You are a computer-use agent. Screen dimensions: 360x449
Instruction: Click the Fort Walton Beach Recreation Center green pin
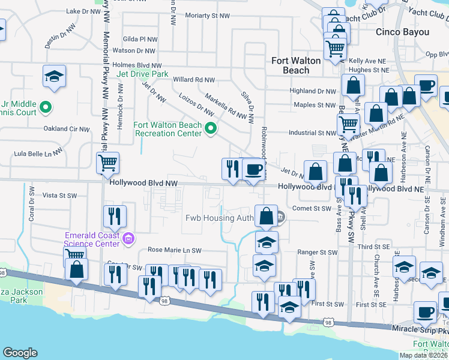point(211,128)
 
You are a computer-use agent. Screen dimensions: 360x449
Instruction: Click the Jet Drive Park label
point(142,74)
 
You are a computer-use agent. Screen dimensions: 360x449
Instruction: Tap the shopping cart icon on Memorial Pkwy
point(107,162)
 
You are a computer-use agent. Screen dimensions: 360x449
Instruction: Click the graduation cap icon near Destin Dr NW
point(54,76)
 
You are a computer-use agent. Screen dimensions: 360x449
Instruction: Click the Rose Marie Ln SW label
point(175,250)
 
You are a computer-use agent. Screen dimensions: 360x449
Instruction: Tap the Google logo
point(20,353)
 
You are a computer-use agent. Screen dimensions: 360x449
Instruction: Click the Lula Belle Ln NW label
point(38,154)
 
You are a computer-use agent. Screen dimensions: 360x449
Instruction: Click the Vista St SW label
point(60,196)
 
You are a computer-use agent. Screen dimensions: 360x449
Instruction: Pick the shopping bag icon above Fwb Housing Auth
point(266,215)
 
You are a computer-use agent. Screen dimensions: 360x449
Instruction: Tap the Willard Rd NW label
point(193,79)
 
